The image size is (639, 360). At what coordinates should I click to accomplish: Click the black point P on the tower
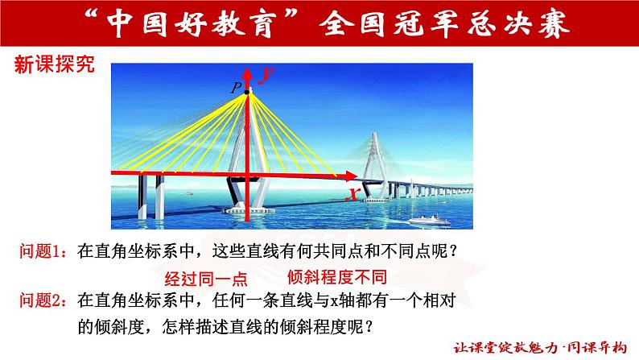[x=248, y=93]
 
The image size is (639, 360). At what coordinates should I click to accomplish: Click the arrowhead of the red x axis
[x=355, y=175]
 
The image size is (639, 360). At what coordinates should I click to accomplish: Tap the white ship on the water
[x=424, y=219]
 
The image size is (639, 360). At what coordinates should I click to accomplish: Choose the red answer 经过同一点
[x=204, y=279]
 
